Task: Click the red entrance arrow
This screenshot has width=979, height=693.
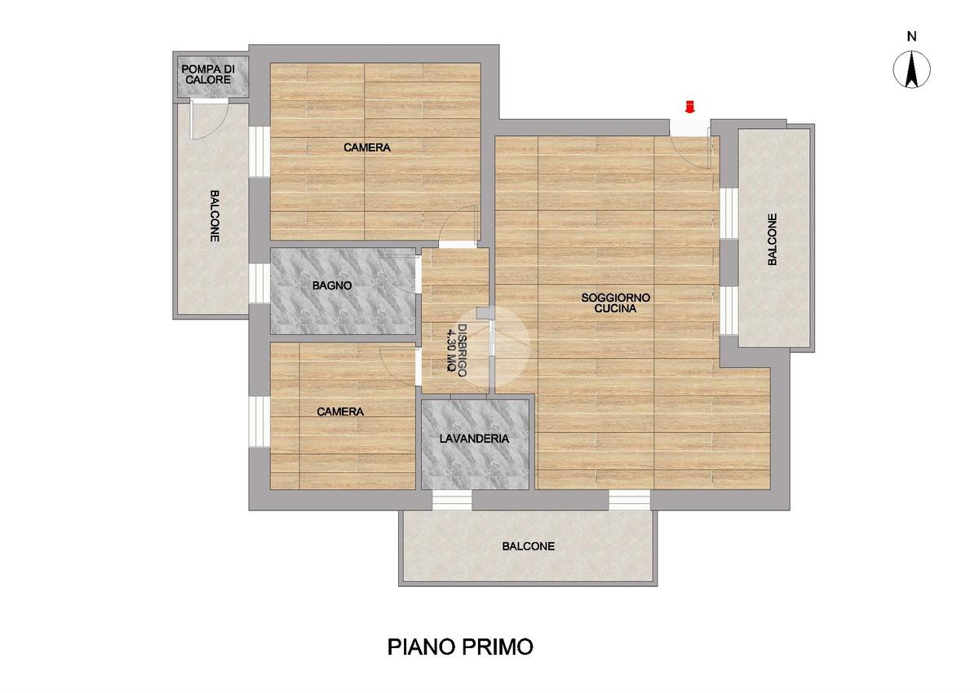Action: point(689,107)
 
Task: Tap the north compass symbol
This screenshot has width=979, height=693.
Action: point(912,69)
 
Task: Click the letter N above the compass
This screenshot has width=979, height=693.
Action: point(912,37)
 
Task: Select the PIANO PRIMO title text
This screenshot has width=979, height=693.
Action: point(460,647)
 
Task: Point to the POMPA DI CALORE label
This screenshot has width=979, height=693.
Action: point(208,75)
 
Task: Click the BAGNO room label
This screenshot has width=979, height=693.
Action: point(332,285)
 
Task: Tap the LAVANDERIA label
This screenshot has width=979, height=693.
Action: point(474,439)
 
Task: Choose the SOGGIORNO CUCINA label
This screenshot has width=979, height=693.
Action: point(615,303)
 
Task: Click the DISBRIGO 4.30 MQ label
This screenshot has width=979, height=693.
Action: point(456,351)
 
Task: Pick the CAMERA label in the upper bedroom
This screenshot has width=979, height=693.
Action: point(366,148)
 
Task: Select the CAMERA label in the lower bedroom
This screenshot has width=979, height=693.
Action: point(340,412)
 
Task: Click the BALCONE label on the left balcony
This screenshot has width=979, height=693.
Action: point(214,216)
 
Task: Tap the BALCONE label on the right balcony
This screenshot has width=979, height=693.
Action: point(773,240)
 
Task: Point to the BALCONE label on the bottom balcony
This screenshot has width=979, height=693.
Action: point(529,546)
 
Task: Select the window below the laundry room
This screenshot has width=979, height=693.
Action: point(452,500)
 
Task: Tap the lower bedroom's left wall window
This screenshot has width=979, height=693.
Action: point(259,421)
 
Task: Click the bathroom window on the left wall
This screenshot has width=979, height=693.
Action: point(259,283)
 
